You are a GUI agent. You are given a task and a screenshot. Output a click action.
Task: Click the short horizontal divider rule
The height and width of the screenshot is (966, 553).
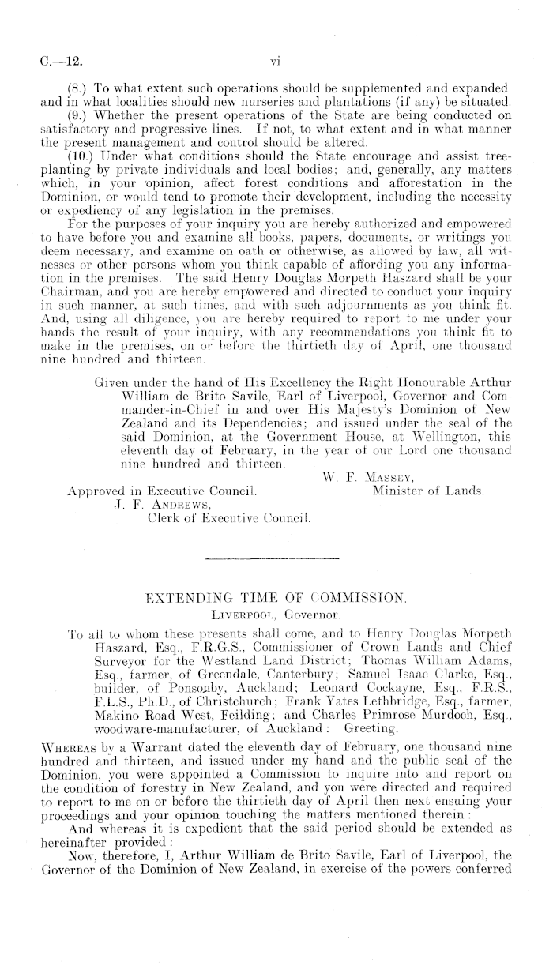tap(272, 558)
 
